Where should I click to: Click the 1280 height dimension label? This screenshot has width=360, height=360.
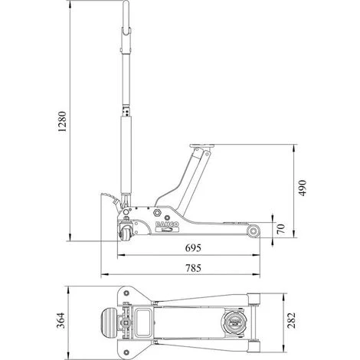pyautogui.click(x=62, y=122)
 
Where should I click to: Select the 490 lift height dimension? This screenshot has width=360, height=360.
pyautogui.click(x=303, y=188)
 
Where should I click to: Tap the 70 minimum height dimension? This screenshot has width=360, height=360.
pyautogui.click(x=280, y=228)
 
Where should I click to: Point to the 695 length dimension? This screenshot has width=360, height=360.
pyautogui.click(x=193, y=247)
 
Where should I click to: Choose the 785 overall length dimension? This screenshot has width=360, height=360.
pyautogui.click(x=193, y=268)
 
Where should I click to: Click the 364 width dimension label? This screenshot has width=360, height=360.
pyautogui.click(x=61, y=320)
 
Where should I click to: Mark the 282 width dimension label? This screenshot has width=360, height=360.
pyautogui.click(x=291, y=320)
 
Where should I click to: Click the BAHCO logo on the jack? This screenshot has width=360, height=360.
pyautogui.click(x=168, y=224)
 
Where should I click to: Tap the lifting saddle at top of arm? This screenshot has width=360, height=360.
pyautogui.click(x=202, y=146)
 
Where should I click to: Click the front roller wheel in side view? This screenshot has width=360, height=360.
pyautogui.click(x=254, y=231)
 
